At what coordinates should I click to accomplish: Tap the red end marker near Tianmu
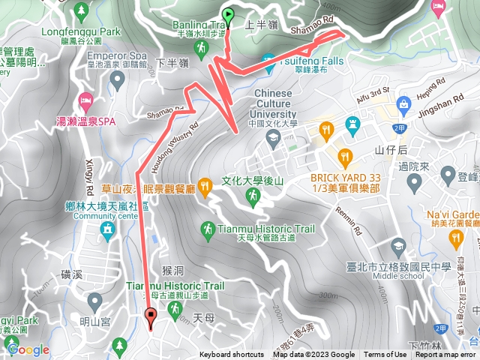point(151,317)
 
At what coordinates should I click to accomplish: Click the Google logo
point(28,349)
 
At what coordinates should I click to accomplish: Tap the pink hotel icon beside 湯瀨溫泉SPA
point(85,100)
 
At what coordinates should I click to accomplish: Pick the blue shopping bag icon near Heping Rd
point(403,103)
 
